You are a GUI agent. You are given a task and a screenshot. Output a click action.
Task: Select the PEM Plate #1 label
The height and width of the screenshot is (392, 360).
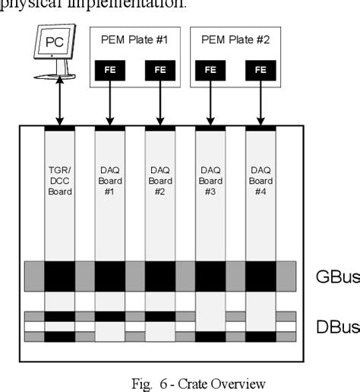pos(134,39)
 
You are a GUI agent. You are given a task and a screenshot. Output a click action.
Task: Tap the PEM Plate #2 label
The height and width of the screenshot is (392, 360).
pos(235,39)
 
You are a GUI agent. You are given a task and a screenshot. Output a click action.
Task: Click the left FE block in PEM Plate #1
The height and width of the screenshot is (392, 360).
pos(109,69)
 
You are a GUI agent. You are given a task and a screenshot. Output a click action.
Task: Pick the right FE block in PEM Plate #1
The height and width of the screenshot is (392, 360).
pos(159,69)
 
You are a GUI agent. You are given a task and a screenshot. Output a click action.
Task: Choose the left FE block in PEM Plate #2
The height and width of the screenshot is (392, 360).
pos(210,69)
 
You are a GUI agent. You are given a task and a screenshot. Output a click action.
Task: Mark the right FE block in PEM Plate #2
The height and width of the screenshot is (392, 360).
pos(261,69)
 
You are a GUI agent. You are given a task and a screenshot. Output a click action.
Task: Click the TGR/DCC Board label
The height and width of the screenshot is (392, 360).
pos(59,182)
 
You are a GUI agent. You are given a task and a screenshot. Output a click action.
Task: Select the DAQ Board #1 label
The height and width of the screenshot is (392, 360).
pos(109,182)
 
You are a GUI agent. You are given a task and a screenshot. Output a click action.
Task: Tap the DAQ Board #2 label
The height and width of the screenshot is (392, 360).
pos(159,182)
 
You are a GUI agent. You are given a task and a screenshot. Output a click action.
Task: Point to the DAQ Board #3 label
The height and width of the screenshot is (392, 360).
pos(210,182)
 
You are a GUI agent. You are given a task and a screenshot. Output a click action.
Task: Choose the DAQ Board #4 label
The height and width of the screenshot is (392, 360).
pos(261,182)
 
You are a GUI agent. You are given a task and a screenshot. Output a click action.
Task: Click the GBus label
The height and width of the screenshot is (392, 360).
pos(336,276)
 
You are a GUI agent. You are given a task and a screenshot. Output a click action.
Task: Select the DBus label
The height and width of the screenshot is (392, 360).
pos(336,327)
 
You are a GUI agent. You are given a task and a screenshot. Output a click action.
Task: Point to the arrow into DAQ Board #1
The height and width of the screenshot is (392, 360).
pos(109,103)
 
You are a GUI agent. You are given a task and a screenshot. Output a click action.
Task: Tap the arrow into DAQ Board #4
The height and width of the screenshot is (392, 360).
pos(261,103)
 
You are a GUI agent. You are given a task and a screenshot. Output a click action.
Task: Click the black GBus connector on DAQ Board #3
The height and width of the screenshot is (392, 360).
pos(210,276)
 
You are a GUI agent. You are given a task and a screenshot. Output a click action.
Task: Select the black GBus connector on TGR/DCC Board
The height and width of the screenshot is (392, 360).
pos(59,276)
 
